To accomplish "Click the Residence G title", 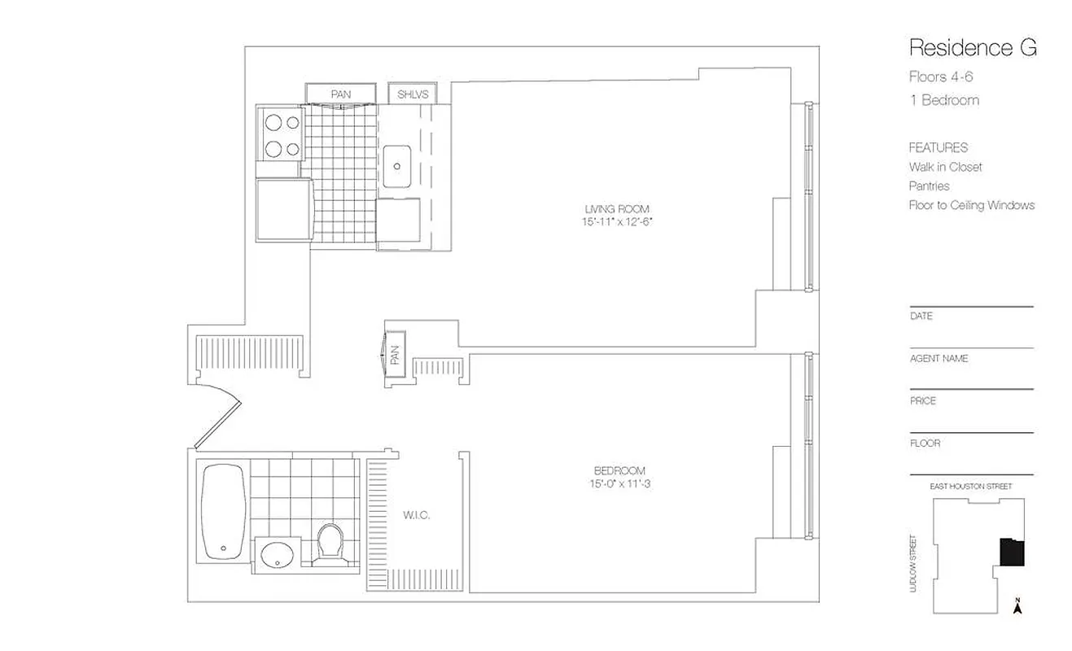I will (973, 48).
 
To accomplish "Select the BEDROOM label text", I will (619, 471).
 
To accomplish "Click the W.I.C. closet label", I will (416, 515).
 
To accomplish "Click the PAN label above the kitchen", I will (340, 94).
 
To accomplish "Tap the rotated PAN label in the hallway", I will (395, 355).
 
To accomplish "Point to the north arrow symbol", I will (1017, 605).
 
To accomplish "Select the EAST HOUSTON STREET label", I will (970, 486).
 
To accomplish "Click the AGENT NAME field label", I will (939, 358).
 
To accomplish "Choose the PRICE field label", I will (923, 400).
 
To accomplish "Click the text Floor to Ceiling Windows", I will (971, 205).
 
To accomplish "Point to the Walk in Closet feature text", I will (945, 167).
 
